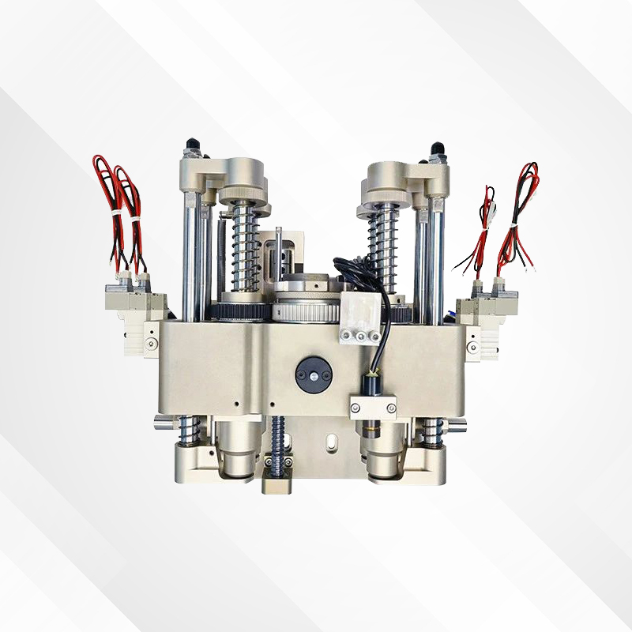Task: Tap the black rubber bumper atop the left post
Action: (191, 148)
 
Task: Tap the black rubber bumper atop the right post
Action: (436, 149)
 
